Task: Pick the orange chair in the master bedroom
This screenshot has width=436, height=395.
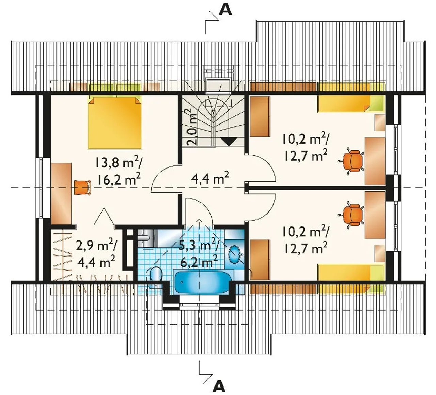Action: [82, 187]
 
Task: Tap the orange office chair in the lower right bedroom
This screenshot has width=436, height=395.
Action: [351, 214]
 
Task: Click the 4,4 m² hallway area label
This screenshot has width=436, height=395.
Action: [210, 179]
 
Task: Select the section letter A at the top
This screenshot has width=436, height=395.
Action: [225, 10]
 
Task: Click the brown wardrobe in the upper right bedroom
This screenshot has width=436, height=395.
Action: [260, 117]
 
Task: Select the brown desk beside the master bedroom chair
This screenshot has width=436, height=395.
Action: [61, 194]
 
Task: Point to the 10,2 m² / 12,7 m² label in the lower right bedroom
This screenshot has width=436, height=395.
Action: [306, 240]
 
